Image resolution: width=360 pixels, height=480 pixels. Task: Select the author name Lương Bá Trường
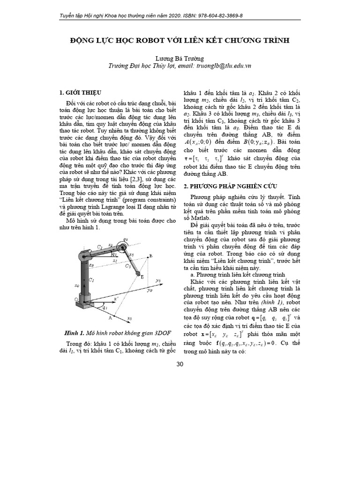pos(180,59)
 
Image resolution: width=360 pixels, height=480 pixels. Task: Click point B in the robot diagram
pos(150,255)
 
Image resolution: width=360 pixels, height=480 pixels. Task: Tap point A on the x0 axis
pos(111,318)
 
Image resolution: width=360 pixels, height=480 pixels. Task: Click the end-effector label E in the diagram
pos(143,277)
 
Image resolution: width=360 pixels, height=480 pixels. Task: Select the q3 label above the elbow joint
pos(125,239)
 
